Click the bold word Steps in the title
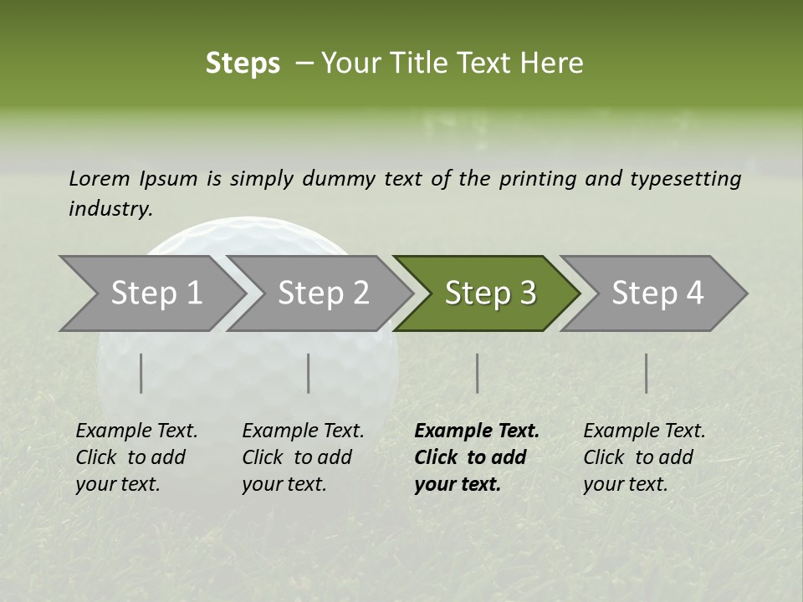tap(243, 64)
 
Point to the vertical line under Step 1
tap(141, 373)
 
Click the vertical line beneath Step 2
tap(309, 373)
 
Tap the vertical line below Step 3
tap(478, 373)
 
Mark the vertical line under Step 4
tap(647, 373)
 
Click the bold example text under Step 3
tap(476, 457)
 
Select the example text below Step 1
tap(136, 457)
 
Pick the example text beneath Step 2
tap(303, 457)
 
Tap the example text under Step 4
tap(644, 457)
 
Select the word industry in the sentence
tap(110, 209)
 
